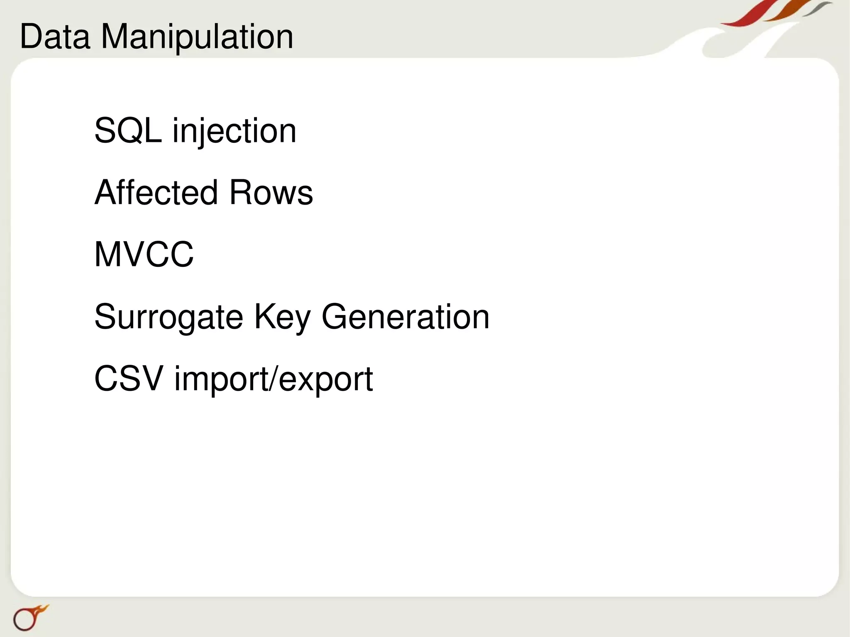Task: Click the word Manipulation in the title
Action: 197,37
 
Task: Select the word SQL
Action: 128,131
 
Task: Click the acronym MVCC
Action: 144,254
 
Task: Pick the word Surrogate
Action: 169,317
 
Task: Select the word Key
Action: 282,317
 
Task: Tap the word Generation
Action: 405,317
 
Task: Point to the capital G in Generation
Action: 336,317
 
